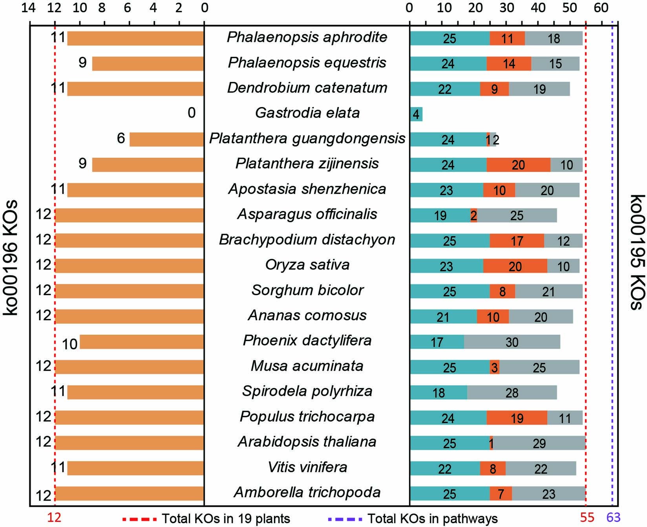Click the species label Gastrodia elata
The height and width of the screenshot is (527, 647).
307,113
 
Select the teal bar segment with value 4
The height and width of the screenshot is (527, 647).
416,114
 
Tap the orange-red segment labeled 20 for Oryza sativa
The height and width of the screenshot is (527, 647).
515,266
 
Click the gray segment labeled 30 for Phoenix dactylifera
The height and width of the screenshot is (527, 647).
512,342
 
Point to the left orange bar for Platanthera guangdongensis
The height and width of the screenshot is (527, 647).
166,139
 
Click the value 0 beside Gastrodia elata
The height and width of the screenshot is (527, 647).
191,113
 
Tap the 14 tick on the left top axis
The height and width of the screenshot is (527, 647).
30,7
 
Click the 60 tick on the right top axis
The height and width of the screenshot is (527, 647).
601,7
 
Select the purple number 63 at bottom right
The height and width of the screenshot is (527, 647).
613,518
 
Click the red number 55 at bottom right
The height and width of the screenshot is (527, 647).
587,518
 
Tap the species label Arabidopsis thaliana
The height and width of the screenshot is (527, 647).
307,442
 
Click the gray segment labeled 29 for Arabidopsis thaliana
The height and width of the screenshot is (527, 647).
539,443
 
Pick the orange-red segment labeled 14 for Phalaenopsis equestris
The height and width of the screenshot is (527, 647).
509,64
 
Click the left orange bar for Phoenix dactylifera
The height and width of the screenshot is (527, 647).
142,342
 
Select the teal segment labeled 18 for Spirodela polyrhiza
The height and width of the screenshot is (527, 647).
439,392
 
